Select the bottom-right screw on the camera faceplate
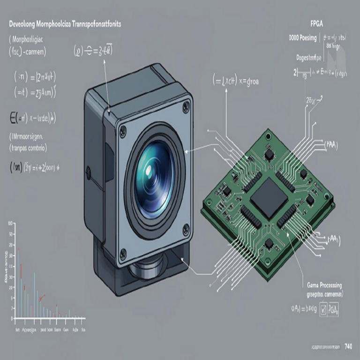tap(186, 229)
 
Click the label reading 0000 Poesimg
tap(303, 37)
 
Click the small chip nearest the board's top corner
tap(269, 154)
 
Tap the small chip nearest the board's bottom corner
tap(269, 244)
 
